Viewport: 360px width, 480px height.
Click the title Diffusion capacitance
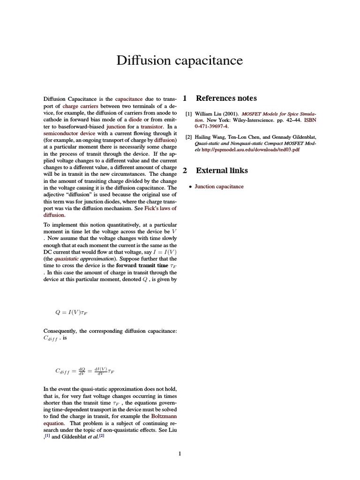tap(180, 60)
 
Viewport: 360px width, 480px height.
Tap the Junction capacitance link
tap(219, 187)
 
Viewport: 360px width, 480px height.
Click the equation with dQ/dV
tap(84, 371)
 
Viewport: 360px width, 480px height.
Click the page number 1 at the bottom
tap(180, 453)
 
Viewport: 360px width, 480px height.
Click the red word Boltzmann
tap(164, 416)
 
